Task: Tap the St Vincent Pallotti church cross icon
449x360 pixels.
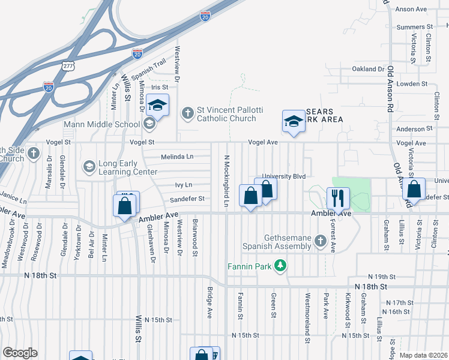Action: point(188,112)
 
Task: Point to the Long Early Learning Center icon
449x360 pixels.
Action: point(89,166)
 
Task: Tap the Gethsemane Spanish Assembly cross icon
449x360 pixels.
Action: point(320,241)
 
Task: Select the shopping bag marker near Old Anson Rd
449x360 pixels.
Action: point(414,189)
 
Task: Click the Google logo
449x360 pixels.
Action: point(20,353)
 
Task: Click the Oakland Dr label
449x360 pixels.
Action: point(368,69)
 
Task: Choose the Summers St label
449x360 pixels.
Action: point(415,27)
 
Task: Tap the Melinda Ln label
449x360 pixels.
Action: point(177,157)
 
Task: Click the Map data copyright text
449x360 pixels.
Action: point(423,355)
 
